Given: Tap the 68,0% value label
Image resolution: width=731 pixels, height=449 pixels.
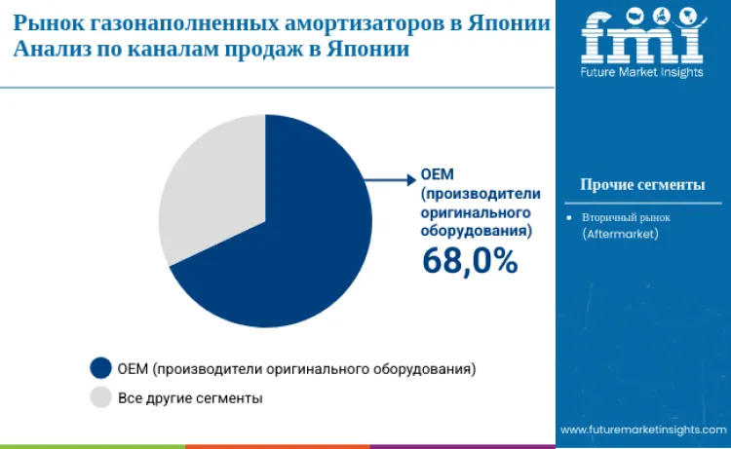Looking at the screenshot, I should pyautogui.click(x=469, y=260).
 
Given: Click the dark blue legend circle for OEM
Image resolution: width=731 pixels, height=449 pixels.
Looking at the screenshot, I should pyautogui.click(x=100, y=368).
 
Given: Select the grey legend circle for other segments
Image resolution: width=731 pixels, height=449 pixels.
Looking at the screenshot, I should pyautogui.click(x=100, y=397).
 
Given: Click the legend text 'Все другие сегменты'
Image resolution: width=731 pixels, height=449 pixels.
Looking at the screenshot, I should pyautogui.click(x=190, y=397).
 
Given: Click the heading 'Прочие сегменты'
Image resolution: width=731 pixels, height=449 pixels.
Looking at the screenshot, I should pyautogui.click(x=641, y=185).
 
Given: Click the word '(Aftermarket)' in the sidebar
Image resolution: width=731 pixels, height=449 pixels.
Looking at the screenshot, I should pyautogui.click(x=621, y=235).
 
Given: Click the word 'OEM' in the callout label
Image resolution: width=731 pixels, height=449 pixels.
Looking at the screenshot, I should pyautogui.click(x=434, y=175).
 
